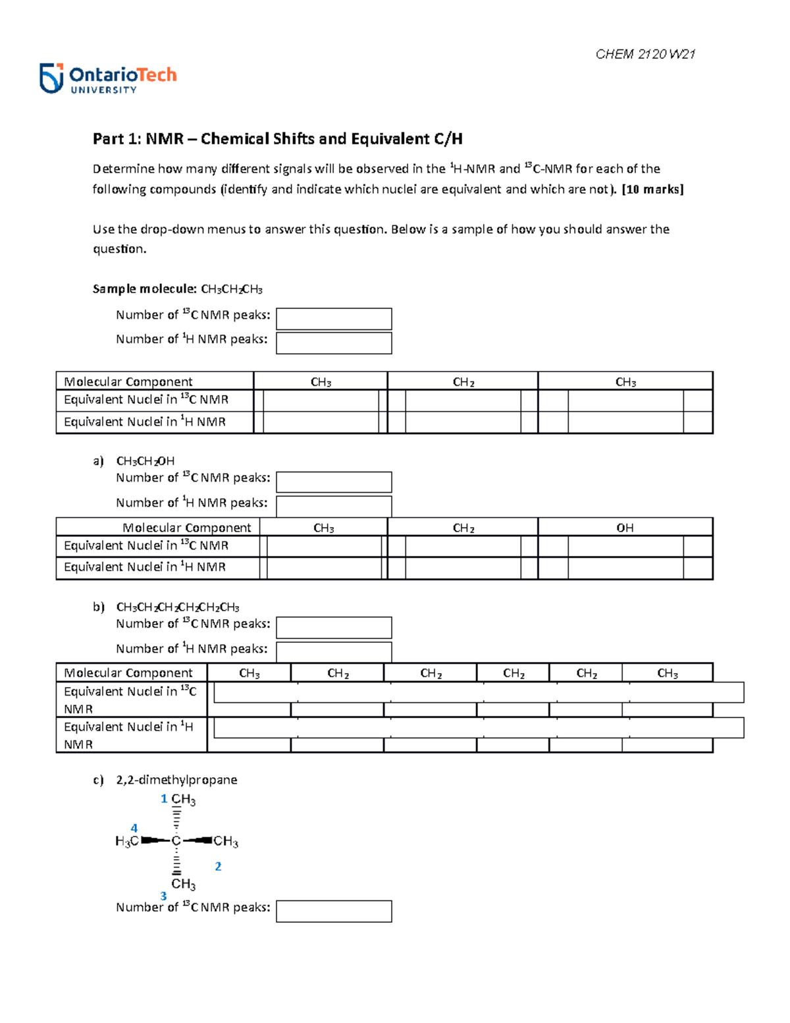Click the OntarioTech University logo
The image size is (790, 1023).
click(108, 79)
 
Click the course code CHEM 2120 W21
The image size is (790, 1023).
click(645, 55)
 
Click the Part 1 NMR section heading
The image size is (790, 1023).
click(277, 139)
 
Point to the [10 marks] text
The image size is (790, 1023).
click(652, 190)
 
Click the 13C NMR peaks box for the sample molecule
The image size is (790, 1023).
click(334, 319)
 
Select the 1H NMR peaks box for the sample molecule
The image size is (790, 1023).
click(334, 343)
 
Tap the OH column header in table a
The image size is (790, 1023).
click(625, 528)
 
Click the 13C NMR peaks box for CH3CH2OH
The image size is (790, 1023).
click(334, 482)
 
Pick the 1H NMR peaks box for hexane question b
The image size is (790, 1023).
click(334, 651)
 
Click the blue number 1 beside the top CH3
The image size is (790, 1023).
click(164, 799)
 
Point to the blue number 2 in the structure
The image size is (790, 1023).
click(218, 867)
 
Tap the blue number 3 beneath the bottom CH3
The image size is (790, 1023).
click(163, 896)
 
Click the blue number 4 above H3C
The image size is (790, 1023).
click(134, 829)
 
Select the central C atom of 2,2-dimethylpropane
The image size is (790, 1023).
click(176, 841)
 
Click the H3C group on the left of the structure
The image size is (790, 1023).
click(126, 841)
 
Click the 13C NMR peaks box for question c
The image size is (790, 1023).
click(334, 911)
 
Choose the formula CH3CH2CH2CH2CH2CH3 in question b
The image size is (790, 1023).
click(178, 607)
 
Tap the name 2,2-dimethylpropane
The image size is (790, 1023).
click(176, 780)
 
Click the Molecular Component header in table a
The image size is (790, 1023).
click(186, 528)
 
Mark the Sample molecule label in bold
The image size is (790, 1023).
click(144, 289)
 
